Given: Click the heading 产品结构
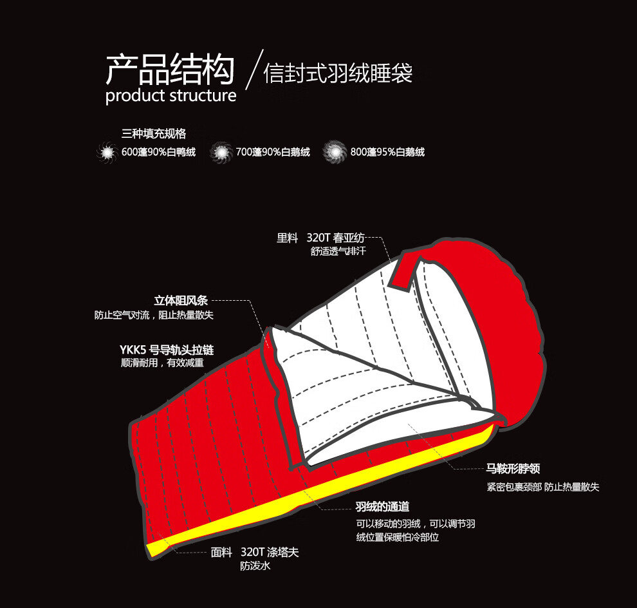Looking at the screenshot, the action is click(x=170, y=70).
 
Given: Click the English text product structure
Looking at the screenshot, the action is click(x=171, y=97).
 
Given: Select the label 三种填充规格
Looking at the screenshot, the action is click(x=154, y=134).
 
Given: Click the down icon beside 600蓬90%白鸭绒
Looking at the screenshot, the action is click(x=105, y=153).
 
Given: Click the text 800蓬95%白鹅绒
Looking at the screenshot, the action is click(x=387, y=153).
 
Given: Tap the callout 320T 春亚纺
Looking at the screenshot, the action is click(x=340, y=238).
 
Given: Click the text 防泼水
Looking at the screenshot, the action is click(x=255, y=567).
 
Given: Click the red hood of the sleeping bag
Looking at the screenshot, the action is click(x=508, y=309).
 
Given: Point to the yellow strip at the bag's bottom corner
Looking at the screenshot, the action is click(x=158, y=547).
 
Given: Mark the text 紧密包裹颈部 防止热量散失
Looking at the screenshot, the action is click(x=542, y=487).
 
